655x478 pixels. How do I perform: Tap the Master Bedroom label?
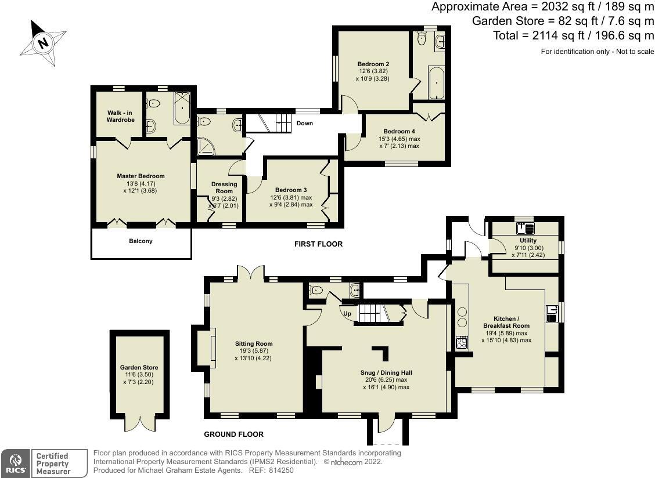[141, 176]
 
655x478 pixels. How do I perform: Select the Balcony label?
[141, 241]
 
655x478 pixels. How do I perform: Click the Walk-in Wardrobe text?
[120, 116]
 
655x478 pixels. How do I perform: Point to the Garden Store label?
[139, 367]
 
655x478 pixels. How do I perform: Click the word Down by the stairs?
[305, 124]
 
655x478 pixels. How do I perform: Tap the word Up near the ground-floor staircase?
[348, 313]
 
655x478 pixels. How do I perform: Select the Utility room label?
[528, 240]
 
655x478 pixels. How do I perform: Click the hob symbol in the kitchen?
[463, 342]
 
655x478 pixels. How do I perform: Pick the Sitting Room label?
[254, 343]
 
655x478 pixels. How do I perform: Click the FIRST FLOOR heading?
[318, 244]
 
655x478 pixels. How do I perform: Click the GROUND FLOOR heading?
[233, 434]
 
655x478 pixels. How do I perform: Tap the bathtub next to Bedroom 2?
[436, 83]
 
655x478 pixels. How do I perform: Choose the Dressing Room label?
[224, 187]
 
